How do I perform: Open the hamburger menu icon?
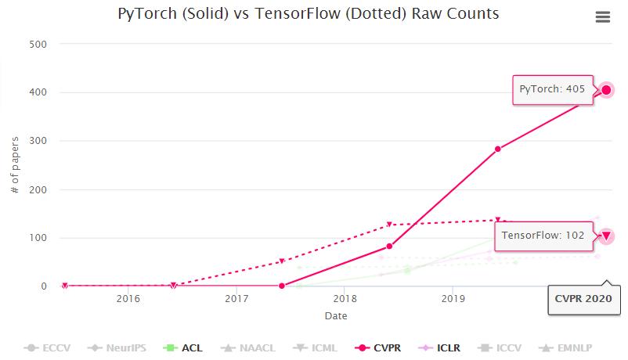pos(602,17)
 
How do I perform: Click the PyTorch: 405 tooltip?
pos(552,89)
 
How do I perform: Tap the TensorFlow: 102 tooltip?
pos(543,235)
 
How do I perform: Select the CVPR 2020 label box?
pos(584,299)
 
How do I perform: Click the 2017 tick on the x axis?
pos(236,299)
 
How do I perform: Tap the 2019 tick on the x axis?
pos(453,299)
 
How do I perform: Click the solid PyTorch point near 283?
pos(497,149)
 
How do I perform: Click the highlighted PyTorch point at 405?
pos(606,90)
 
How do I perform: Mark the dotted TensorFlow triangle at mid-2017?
pos(281,261)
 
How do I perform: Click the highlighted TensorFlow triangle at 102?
pos(606,236)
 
